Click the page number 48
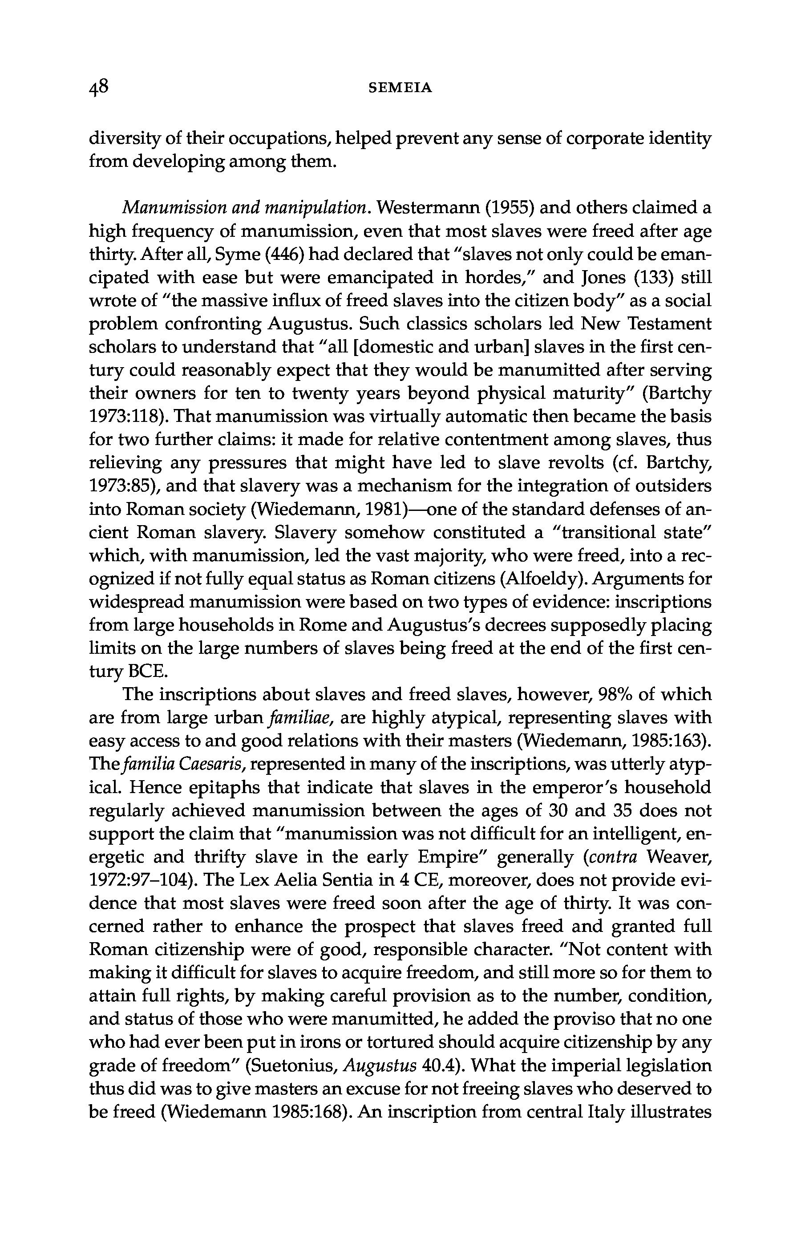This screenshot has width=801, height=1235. (x=99, y=87)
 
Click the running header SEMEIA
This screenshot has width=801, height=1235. (x=400, y=88)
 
